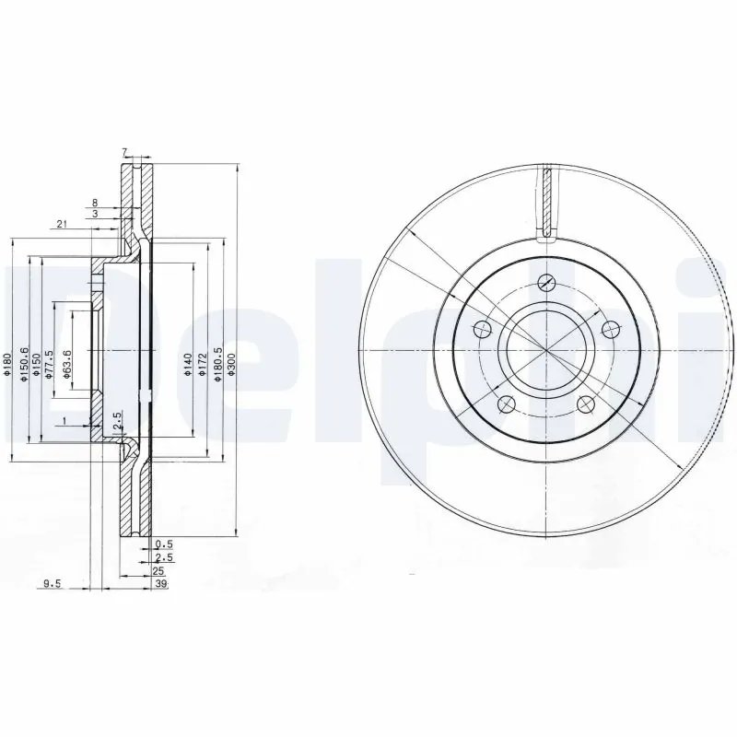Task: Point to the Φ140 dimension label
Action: (x=187, y=360)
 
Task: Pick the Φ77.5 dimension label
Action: (x=52, y=363)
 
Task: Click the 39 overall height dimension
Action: (x=162, y=584)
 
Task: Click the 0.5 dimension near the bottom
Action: (x=164, y=544)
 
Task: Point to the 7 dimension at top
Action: (x=124, y=152)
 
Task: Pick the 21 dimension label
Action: (x=62, y=224)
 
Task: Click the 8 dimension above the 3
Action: (x=95, y=201)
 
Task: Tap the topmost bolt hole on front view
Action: (x=546, y=283)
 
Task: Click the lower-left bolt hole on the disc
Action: (x=504, y=403)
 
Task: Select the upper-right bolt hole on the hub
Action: (x=609, y=328)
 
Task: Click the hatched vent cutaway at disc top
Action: (x=546, y=203)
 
